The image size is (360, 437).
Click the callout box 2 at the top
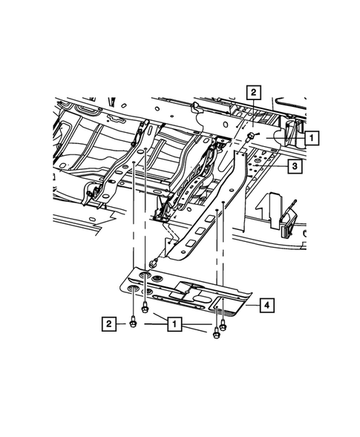(254, 92)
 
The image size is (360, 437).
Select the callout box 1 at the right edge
(310, 137)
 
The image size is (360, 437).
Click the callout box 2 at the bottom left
(109, 323)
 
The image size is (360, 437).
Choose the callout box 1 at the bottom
(174, 324)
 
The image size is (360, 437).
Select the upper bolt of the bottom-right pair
(223, 320)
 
